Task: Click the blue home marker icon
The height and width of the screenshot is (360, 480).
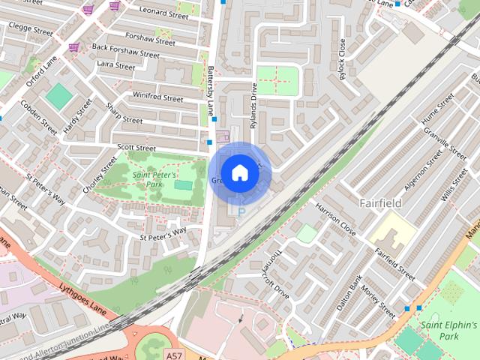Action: pos(239,172)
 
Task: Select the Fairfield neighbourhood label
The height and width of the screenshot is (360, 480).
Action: pos(380,203)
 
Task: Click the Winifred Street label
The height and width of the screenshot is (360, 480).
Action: pos(157,97)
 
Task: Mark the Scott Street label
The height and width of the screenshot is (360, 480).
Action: pos(136,147)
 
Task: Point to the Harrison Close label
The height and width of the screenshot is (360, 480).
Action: pos(335,217)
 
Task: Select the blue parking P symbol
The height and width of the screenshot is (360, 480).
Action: pos(241,213)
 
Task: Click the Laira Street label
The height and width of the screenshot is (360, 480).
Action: pos(115,66)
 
